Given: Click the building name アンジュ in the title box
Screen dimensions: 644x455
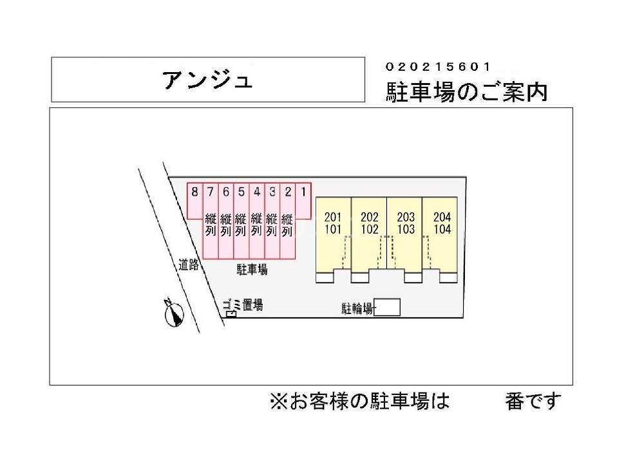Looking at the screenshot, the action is [x=207, y=80].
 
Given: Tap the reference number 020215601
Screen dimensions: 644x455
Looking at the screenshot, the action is [x=439, y=67].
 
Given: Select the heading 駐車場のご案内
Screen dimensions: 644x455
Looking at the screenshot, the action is [x=467, y=92].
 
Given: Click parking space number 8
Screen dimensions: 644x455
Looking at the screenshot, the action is [x=194, y=191].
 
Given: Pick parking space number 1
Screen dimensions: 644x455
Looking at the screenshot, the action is [x=304, y=191].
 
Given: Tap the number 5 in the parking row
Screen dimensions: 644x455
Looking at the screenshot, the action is [x=241, y=191].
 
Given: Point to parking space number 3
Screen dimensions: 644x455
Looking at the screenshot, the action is [x=272, y=191].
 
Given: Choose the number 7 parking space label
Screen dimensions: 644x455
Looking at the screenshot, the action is [x=210, y=191].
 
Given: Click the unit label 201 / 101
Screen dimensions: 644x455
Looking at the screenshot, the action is [x=333, y=223].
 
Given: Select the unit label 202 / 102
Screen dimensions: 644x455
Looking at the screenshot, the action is [x=369, y=223].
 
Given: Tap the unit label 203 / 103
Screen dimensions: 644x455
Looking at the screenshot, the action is [x=406, y=223].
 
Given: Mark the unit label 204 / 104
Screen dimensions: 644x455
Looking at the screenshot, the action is [x=442, y=223].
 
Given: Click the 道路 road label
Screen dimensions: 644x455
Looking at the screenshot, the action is [x=189, y=265].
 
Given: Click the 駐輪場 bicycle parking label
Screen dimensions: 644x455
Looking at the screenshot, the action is [x=357, y=309].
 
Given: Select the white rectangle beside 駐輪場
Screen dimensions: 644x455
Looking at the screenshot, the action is [x=387, y=308].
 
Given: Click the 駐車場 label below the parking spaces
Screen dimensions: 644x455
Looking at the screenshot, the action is [x=252, y=271].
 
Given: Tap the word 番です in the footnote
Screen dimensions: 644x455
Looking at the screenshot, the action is [x=533, y=402].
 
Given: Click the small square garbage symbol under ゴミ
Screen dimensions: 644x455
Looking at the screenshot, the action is [x=229, y=313].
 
